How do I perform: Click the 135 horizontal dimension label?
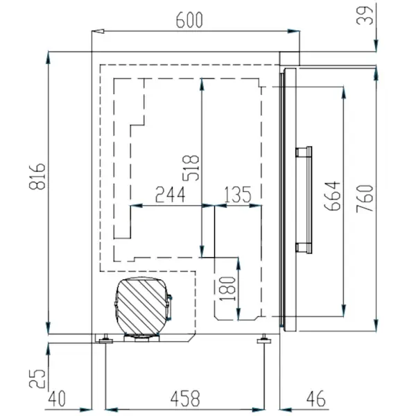(x=238, y=195)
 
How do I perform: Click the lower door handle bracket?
(x=303, y=248)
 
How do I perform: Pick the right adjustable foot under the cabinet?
(x=265, y=340)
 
